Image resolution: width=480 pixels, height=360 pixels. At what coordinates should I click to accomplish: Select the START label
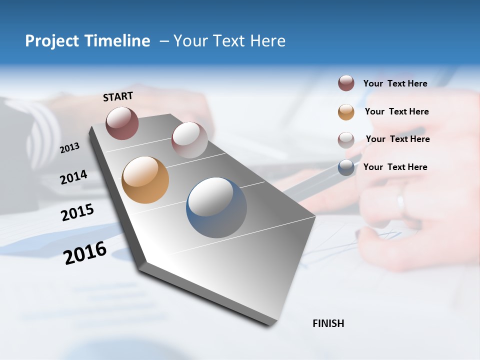[x=118, y=96]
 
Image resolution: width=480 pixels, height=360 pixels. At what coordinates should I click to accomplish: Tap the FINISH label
[x=328, y=323]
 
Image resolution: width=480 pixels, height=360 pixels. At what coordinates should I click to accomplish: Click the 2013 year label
[x=69, y=148]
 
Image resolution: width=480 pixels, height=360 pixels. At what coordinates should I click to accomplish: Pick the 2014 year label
[x=73, y=177]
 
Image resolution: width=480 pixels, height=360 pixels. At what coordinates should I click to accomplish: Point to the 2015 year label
[x=77, y=212]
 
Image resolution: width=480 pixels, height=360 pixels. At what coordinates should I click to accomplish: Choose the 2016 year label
[x=85, y=252]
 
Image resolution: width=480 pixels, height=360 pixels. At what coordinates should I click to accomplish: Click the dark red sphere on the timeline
[x=122, y=123]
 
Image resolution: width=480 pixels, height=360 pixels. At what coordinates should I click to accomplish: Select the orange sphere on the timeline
[x=145, y=180]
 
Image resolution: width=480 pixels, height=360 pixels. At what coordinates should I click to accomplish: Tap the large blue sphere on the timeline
[x=216, y=207]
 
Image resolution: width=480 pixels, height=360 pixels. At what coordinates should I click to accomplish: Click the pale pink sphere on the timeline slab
[x=189, y=139]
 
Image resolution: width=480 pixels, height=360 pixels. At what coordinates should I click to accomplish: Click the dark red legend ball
[x=346, y=83]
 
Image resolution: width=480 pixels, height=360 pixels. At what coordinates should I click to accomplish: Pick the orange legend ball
[x=346, y=112]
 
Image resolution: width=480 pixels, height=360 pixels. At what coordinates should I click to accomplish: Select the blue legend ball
[x=346, y=167]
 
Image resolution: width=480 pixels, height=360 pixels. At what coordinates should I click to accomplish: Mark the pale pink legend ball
[x=346, y=140]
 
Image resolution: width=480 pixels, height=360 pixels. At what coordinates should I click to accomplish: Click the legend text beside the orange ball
[x=396, y=111]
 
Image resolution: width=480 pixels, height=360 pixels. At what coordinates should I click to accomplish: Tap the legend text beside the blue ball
[x=395, y=167]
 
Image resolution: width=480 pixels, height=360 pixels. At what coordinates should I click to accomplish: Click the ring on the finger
[x=400, y=202]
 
